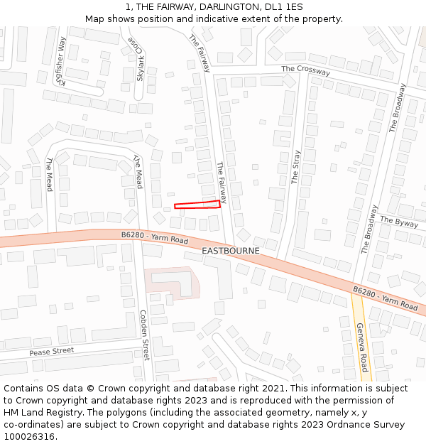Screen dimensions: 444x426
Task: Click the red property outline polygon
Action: (197, 205)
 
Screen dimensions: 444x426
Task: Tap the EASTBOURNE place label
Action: (231, 251)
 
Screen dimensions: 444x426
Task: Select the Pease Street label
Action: (51, 352)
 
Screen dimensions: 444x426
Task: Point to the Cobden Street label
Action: (144, 334)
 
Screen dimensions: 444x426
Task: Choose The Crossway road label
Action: (305, 70)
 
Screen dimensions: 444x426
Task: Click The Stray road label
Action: (295, 167)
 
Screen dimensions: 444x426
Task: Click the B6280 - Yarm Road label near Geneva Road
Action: (386, 298)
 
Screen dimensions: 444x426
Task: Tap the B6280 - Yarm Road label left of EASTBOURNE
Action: (154, 238)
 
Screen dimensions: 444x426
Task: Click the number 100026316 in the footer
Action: (29, 436)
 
